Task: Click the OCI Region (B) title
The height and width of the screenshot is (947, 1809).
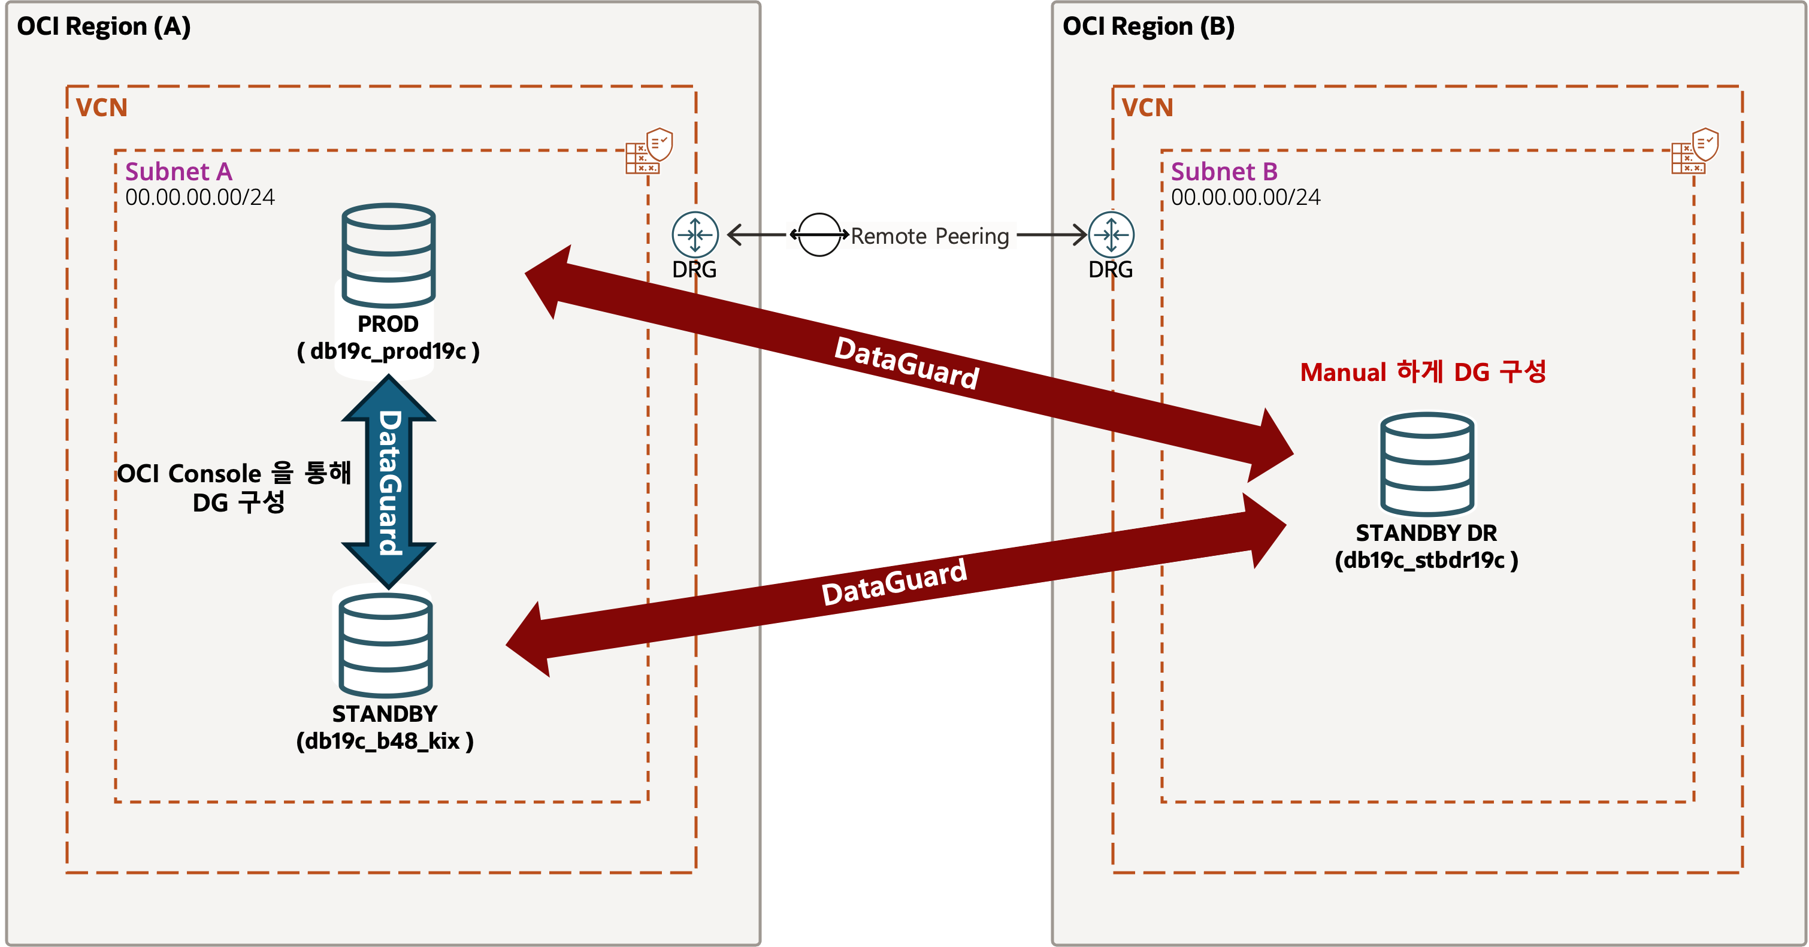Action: (x=1148, y=27)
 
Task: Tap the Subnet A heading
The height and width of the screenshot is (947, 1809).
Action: (x=179, y=171)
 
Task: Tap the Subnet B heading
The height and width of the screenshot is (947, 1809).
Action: (x=1224, y=171)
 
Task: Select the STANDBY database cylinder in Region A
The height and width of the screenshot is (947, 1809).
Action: (x=386, y=645)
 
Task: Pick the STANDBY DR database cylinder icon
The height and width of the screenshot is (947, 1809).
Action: (x=1427, y=464)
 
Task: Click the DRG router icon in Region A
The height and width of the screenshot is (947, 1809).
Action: (x=694, y=234)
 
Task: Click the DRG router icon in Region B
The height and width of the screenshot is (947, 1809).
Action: (x=1111, y=234)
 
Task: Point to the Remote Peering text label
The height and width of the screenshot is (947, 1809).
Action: (x=930, y=236)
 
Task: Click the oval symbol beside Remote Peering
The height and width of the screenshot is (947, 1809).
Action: (x=819, y=234)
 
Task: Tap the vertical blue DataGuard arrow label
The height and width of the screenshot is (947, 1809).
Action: (x=389, y=482)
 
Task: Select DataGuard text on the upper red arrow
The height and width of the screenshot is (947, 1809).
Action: (x=907, y=363)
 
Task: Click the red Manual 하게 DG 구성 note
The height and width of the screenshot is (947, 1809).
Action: (x=1423, y=371)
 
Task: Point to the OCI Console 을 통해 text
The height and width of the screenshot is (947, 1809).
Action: (x=234, y=473)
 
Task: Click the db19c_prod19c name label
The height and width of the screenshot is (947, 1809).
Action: (x=388, y=350)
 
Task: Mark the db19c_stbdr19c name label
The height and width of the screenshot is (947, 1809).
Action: (x=1426, y=559)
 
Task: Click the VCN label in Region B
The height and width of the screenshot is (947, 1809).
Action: (x=1146, y=107)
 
